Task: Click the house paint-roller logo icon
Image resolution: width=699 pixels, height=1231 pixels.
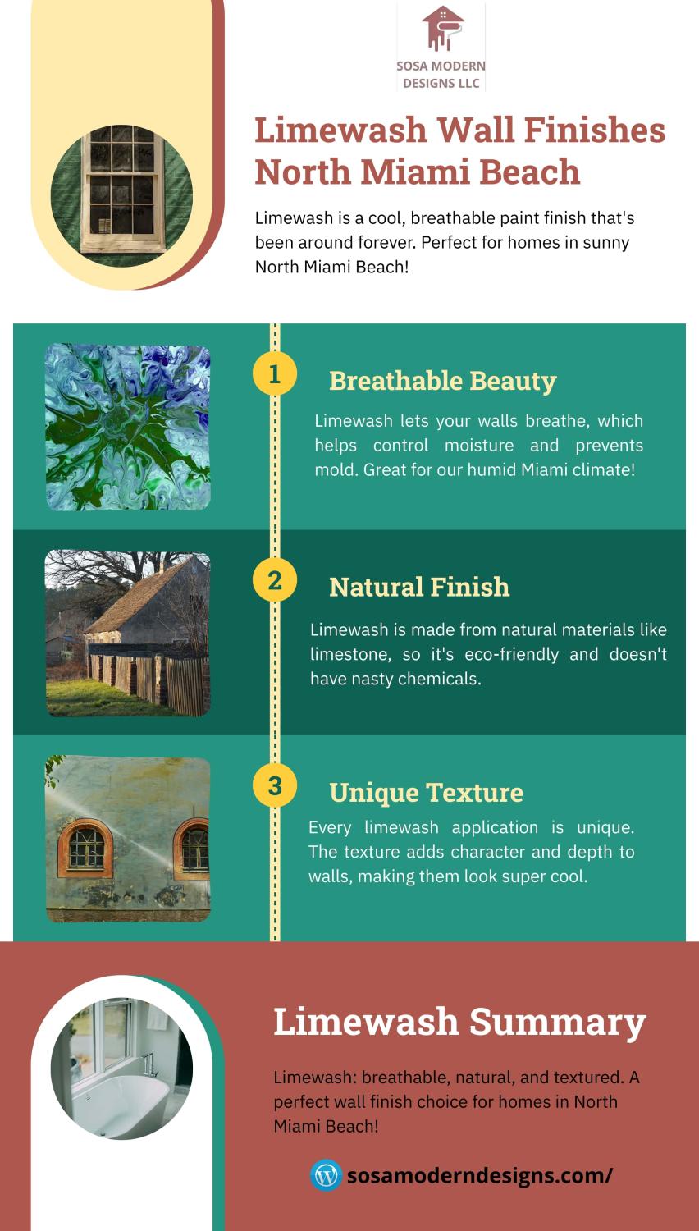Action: click(x=442, y=28)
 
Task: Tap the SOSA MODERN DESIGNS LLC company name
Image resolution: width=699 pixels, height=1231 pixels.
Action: click(x=441, y=75)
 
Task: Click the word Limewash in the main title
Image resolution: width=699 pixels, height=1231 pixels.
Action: click(x=340, y=130)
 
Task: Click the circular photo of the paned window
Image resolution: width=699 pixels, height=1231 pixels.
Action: click(x=122, y=195)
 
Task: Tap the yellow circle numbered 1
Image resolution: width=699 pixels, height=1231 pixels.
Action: click(x=275, y=374)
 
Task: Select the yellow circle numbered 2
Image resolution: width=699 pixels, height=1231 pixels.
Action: click(x=275, y=580)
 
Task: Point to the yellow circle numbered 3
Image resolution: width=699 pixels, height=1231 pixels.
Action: click(x=275, y=786)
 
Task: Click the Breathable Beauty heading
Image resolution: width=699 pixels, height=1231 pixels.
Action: click(x=443, y=382)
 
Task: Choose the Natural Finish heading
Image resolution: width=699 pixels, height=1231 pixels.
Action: click(x=419, y=587)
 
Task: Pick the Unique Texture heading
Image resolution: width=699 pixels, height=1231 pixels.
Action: click(x=426, y=793)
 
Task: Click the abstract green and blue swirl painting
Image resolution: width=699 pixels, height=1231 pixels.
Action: click(x=127, y=427)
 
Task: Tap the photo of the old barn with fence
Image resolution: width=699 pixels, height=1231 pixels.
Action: click(x=127, y=633)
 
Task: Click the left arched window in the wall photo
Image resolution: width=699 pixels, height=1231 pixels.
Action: click(x=85, y=848)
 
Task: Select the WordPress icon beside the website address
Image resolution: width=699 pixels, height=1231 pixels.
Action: click(x=326, y=1175)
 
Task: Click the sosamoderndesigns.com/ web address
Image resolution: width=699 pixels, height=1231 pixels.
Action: click(x=480, y=1175)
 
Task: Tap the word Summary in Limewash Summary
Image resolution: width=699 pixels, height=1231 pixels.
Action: click(x=557, y=1023)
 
